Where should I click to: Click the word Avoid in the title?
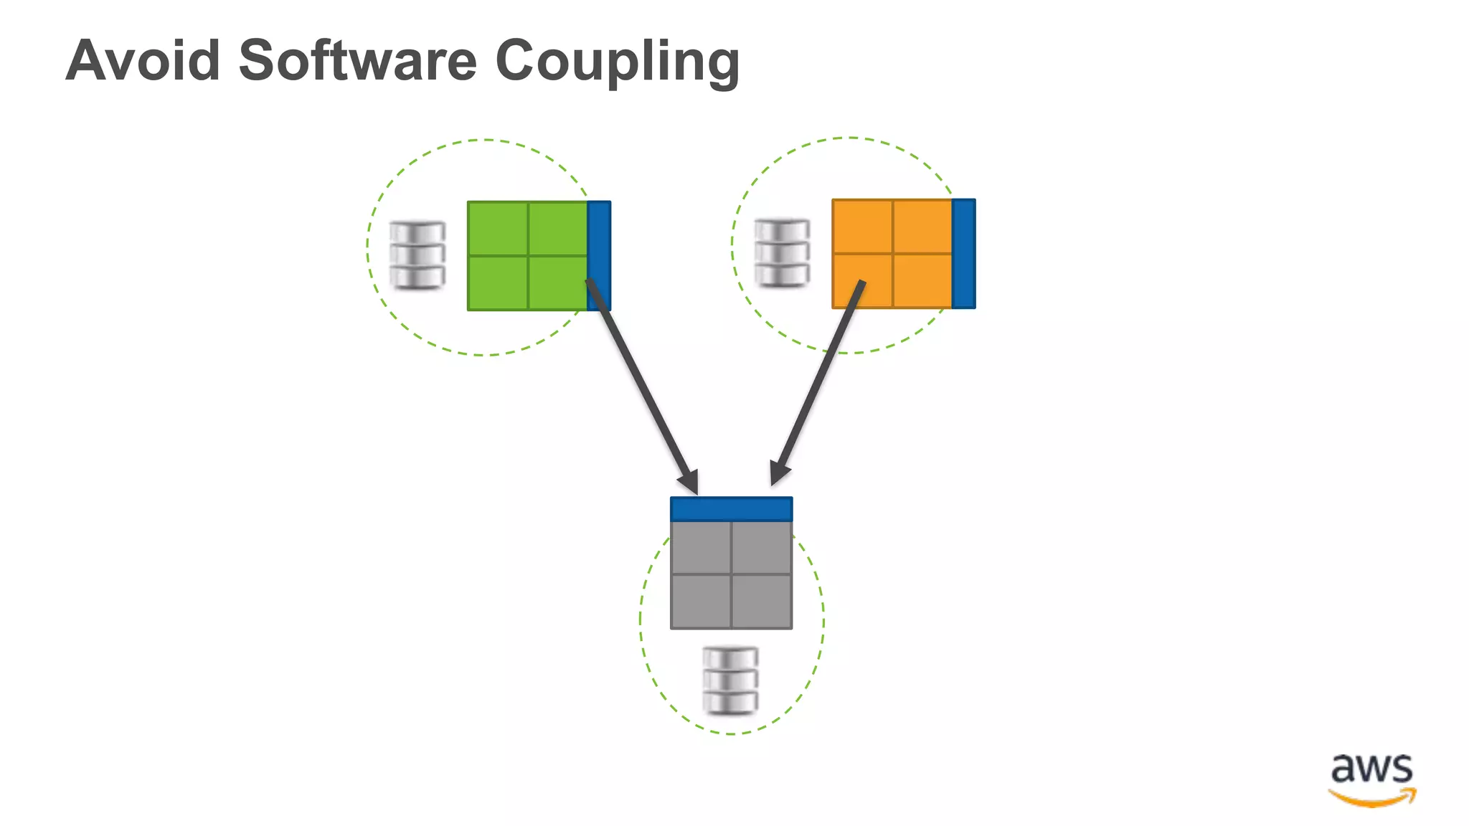point(143,60)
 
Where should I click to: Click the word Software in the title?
point(357,60)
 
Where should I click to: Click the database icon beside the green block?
point(417,256)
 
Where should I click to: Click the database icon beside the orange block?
point(782,253)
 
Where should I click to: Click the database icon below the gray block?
point(730,680)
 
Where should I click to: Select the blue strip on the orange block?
point(963,254)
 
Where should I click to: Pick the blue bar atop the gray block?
point(731,508)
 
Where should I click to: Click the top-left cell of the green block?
point(498,228)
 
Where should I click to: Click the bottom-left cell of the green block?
point(498,283)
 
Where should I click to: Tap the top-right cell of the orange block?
point(922,226)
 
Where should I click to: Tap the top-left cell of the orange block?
point(863,226)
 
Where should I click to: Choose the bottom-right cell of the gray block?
point(761,601)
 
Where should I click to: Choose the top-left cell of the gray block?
point(701,547)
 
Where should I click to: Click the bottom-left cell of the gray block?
point(701,601)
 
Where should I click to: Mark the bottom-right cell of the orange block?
point(922,280)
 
